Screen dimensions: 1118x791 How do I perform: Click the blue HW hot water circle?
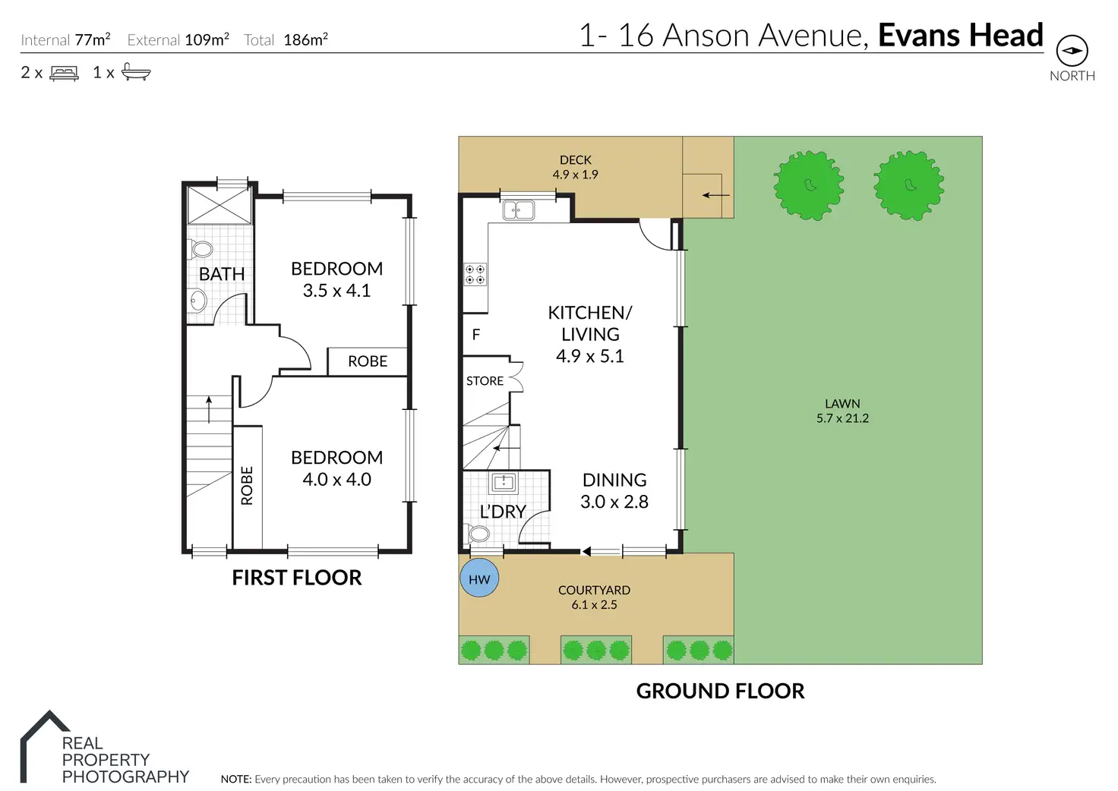click(x=479, y=578)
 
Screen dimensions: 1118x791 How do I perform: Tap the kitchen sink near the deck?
click(x=519, y=210)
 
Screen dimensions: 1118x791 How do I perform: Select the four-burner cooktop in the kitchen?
click(x=475, y=274)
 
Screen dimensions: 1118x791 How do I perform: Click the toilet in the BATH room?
click(x=201, y=249)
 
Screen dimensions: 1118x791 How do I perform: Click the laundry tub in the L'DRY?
click(x=504, y=482)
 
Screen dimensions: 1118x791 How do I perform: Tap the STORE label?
click(x=484, y=381)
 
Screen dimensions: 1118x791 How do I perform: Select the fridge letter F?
click(x=476, y=334)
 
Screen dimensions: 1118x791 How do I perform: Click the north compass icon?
click(x=1072, y=50)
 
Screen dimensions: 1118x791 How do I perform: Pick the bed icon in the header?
click(x=65, y=74)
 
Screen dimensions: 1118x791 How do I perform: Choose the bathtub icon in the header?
click(x=136, y=72)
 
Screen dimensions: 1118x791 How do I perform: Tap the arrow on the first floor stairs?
click(x=209, y=409)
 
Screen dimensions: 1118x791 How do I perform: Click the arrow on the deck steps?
click(x=715, y=195)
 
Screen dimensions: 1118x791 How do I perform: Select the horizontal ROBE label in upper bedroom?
click(x=368, y=361)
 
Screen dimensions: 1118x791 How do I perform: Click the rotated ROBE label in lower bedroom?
click(x=247, y=486)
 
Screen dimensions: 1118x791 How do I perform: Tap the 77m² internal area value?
click(x=93, y=39)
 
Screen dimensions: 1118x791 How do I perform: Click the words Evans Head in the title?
click(x=961, y=35)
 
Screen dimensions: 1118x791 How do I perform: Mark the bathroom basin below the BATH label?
click(x=198, y=301)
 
